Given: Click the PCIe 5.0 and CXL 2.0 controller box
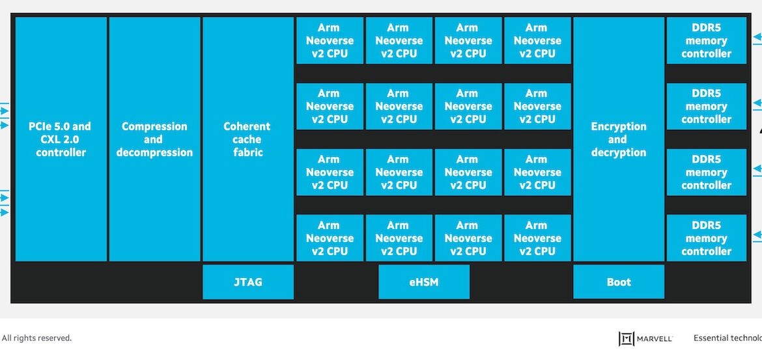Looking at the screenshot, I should coord(61,139).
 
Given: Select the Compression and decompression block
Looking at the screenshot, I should coord(154,139).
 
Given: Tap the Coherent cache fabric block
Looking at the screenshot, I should coord(247,139).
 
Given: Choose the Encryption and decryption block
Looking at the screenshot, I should coord(618,139).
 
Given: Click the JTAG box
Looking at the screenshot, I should coord(247,282).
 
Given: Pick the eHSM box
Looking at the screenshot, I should coord(423,282).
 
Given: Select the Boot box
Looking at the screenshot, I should coord(618,282).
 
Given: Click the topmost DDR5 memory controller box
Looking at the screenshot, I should coord(706,40).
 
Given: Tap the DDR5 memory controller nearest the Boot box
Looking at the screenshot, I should coord(706,238).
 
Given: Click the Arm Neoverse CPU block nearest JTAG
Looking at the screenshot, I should coord(330,238).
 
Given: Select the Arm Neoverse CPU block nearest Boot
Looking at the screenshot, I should coord(537,238).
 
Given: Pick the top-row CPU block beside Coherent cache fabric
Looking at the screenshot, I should coord(330,40).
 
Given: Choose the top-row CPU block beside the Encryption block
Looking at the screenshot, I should coord(537,40).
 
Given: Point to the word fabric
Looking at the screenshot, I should coord(247,152).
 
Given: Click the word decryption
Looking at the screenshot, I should coord(618,152).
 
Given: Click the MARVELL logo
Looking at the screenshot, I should coord(645,339).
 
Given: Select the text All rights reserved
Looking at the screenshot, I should coord(36,338).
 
